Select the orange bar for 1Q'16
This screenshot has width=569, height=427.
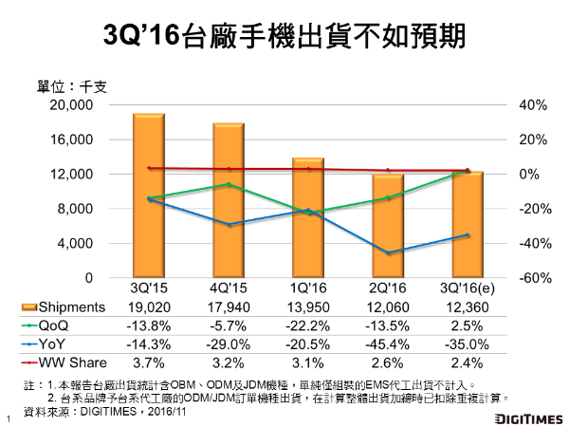point(307,218)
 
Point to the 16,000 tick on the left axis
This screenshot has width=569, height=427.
point(71,139)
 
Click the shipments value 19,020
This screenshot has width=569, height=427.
point(148,306)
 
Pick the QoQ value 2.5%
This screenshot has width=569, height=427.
point(468,325)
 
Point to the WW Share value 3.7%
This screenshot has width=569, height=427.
point(148,363)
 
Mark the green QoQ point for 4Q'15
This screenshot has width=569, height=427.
point(228,184)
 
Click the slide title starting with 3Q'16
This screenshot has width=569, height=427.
point(284,37)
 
